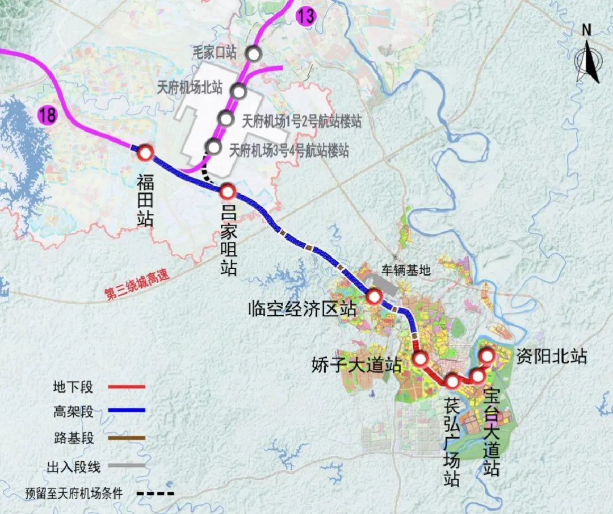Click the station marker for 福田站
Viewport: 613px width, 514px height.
145,152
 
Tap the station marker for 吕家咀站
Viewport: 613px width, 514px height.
227,191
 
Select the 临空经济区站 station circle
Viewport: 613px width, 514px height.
374,296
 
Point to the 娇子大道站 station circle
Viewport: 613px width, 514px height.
421,358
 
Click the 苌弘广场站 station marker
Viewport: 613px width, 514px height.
452,381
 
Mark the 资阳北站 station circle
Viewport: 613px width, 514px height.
487,356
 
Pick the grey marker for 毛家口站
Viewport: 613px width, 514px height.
253,54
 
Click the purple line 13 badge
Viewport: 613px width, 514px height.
305,15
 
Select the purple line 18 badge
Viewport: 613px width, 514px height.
48,115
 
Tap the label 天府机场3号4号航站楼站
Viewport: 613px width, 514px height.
288,151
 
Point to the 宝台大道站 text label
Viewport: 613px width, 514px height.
492,432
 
